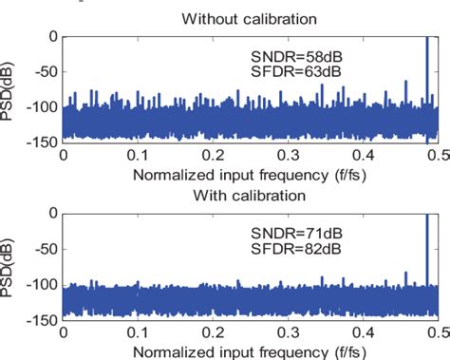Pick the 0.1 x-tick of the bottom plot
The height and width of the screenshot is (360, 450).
click(x=141, y=332)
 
